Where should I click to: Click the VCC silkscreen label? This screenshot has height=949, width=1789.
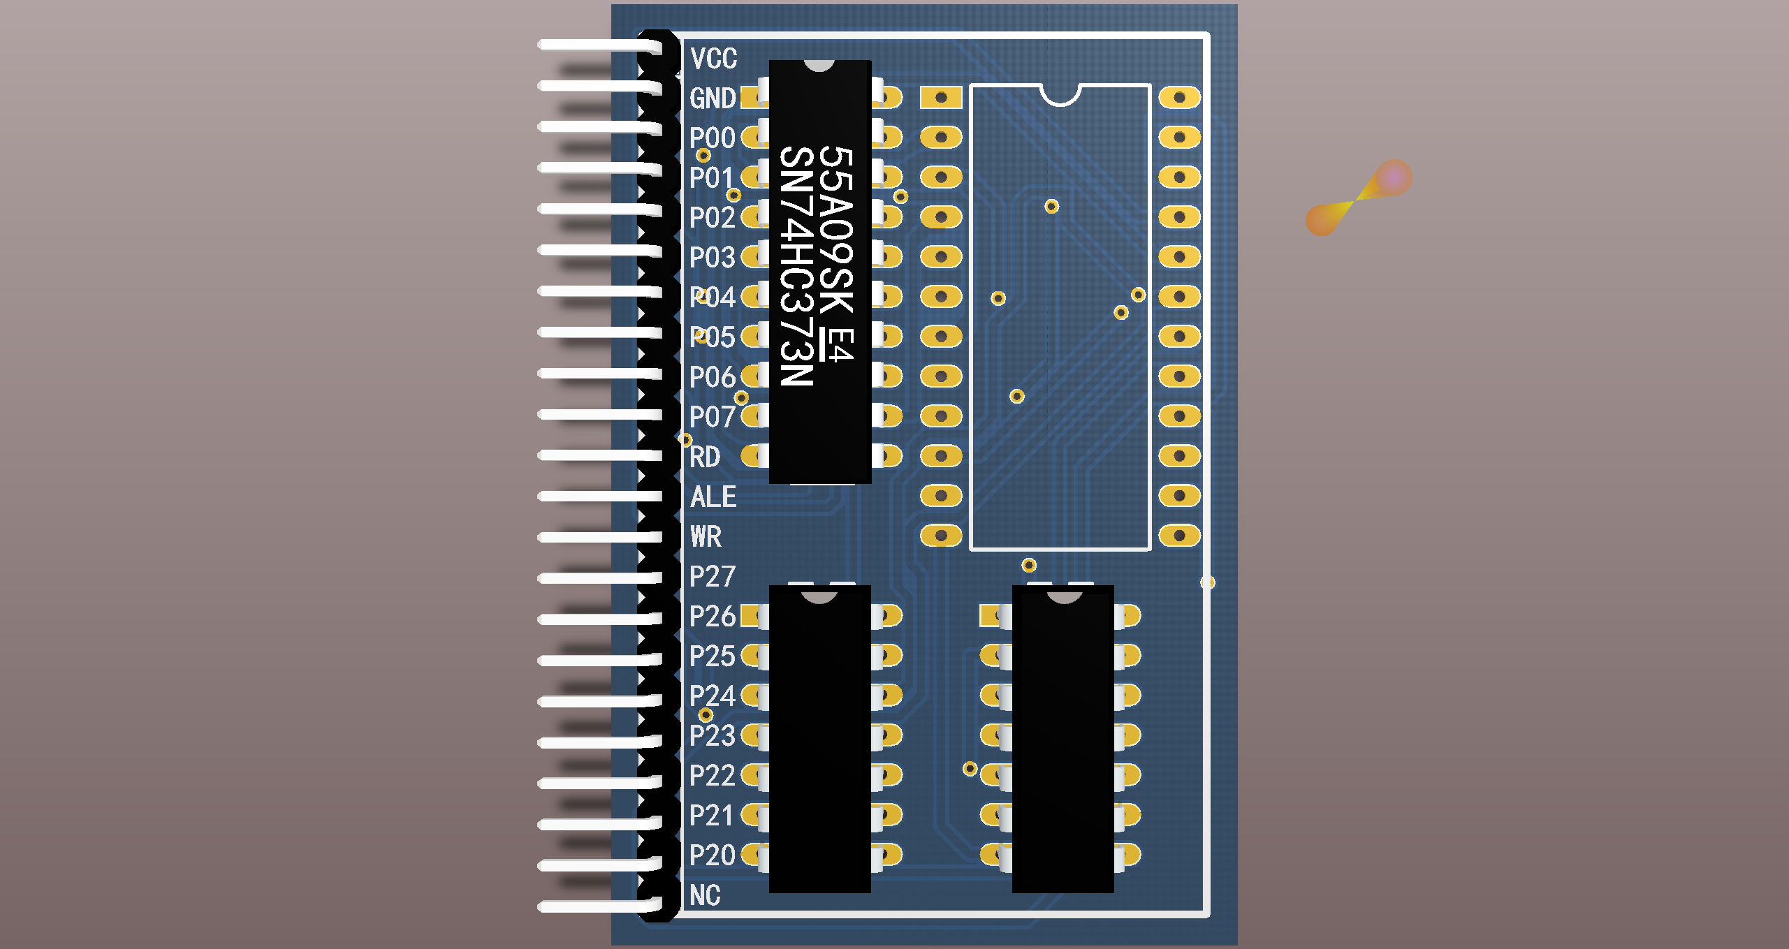713,59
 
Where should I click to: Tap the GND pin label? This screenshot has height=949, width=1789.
713,98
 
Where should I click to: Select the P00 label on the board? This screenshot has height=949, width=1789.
712,138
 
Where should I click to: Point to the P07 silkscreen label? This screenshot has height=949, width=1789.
712,417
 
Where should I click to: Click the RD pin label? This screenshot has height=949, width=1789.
705,457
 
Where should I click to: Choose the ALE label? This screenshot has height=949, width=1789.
713,497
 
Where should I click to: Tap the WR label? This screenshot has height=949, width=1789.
706,537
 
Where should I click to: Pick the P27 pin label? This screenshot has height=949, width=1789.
712,577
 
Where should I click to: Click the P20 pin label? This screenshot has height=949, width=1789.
712,855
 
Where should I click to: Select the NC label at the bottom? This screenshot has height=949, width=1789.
705,895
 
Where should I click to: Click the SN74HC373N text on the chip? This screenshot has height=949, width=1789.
797,266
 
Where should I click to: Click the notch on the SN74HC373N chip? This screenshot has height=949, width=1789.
819,66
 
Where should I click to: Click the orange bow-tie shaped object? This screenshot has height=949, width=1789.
1359,198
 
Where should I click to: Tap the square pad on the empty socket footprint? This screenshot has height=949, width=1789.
941,98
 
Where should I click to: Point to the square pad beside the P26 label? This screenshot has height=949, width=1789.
751,616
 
